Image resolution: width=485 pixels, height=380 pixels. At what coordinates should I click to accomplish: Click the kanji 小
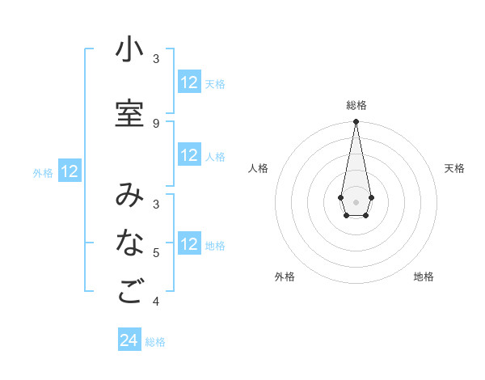click(x=129, y=50)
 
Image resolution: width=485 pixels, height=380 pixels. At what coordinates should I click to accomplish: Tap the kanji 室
click(x=129, y=114)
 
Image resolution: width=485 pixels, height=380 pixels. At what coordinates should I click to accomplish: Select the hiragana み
click(x=129, y=195)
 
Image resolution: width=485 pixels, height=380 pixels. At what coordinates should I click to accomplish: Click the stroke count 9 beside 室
click(x=156, y=124)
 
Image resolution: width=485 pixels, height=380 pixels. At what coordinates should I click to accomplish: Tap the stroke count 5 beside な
click(x=156, y=253)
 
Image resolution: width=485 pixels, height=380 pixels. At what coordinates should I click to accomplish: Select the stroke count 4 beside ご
click(x=156, y=302)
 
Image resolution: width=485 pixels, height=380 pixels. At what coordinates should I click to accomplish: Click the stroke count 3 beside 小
click(x=156, y=59)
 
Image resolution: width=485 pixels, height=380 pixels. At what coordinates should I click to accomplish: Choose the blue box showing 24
click(x=129, y=340)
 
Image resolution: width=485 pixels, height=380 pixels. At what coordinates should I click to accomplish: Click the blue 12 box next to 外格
click(x=70, y=171)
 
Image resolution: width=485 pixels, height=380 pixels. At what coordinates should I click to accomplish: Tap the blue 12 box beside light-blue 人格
click(x=189, y=155)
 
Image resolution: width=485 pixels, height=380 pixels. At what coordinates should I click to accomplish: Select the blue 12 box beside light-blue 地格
click(x=189, y=244)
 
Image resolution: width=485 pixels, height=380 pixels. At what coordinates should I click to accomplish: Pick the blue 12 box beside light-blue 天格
click(x=189, y=82)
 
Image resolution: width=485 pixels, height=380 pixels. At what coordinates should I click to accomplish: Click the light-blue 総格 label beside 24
click(x=155, y=342)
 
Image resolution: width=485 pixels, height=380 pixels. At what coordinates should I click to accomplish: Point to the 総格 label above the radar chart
click(x=356, y=105)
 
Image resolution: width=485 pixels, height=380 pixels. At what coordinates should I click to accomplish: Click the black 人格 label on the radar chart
click(x=258, y=168)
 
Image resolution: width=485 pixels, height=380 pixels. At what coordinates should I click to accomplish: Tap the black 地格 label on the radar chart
click(x=424, y=277)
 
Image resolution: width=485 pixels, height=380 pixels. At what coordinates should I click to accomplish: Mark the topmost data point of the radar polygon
click(x=356, y=121)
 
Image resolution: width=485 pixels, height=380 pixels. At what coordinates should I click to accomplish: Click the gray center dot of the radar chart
click(x=356, y=201)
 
